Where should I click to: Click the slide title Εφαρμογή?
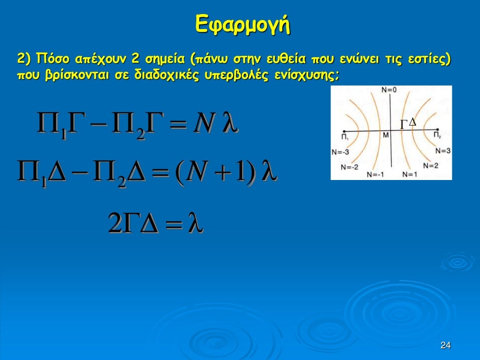pos(242,24)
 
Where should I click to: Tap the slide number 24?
pos(445,345)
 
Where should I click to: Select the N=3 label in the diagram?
pos(442,150)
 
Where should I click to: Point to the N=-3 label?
pos(340,152)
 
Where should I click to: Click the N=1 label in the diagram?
pos(409,174)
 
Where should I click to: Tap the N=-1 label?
pos(375,174)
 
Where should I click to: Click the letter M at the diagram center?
pos(386,135)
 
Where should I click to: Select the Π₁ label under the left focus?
pos(345,136)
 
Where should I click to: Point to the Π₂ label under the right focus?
pos(437,135)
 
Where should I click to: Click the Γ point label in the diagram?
pos(404,124)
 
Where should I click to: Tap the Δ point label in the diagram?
pos(412,122)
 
